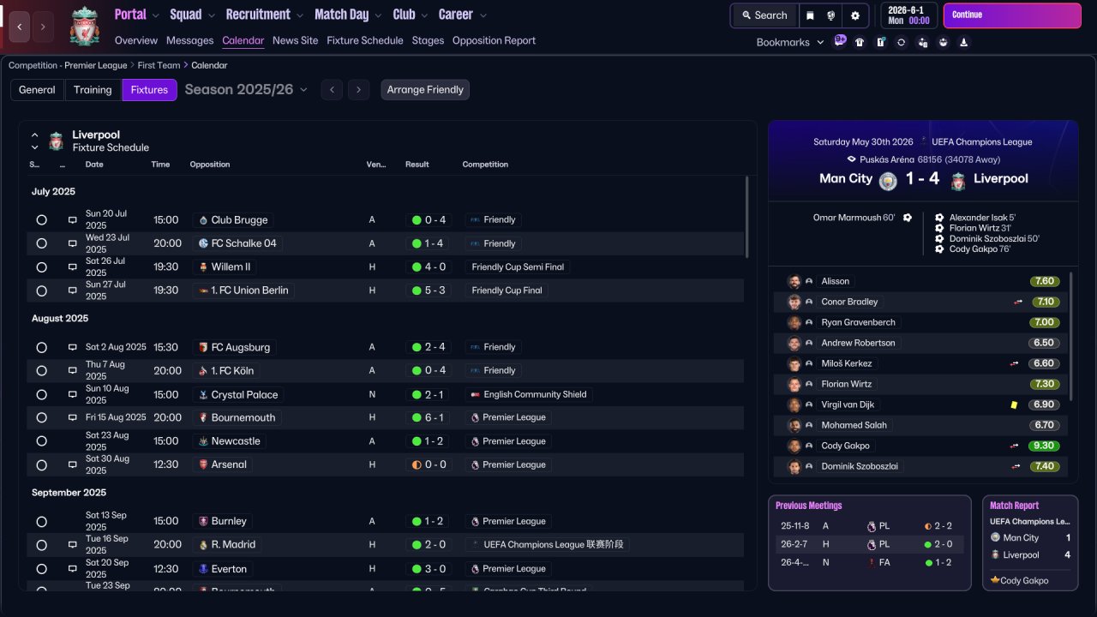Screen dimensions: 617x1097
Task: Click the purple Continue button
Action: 1011,15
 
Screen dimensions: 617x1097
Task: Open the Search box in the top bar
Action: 764,15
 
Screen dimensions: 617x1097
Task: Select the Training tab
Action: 93,90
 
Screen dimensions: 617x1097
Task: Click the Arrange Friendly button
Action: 425,90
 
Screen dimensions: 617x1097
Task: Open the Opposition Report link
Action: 494,40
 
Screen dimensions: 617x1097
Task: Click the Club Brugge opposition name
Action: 239,220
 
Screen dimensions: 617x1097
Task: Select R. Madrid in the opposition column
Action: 233,544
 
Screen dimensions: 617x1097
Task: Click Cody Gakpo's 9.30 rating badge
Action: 1044,446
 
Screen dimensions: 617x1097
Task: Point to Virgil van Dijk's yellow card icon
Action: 1014,404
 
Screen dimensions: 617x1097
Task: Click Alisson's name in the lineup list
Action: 835,281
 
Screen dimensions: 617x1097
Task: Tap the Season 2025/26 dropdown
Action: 245,90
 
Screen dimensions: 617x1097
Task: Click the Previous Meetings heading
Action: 808,506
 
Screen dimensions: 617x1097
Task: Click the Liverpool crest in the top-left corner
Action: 84,26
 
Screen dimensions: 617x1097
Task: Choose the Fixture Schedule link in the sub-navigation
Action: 364,40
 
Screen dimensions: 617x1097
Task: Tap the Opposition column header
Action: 210,165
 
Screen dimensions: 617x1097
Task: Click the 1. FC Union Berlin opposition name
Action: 249,291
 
